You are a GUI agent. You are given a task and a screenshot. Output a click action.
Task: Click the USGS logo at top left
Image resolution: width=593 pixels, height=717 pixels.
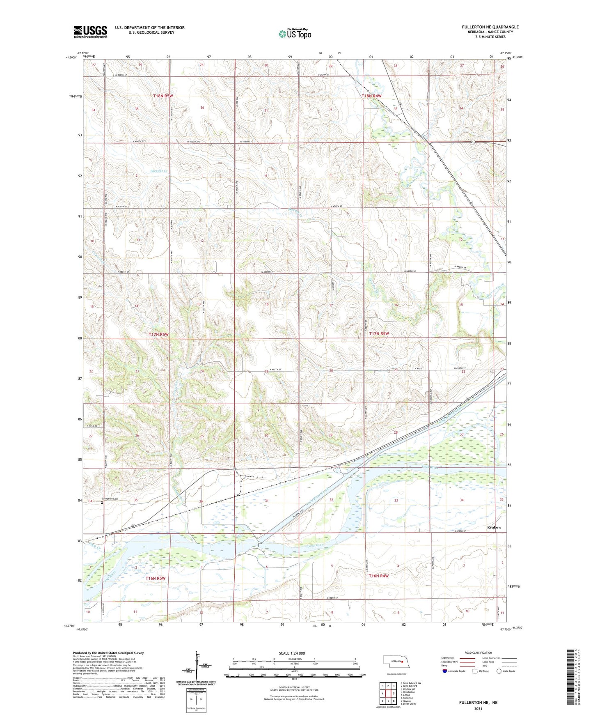(x=90, y=31)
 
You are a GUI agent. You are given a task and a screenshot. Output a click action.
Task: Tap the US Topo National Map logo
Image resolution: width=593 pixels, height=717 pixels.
(x=295, y=34)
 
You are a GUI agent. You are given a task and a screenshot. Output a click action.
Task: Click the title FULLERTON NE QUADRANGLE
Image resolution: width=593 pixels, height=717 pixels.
(x=490, y=27)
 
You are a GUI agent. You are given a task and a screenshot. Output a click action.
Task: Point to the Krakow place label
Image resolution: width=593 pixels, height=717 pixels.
(x=494, y=527)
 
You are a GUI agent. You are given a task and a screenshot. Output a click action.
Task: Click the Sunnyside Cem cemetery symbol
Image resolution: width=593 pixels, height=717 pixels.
(x=102, y=502)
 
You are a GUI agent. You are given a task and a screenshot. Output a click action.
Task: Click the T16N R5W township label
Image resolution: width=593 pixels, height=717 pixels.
(x=156, y=578)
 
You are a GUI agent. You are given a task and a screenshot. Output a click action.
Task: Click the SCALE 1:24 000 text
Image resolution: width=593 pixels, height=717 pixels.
(x=292, y=653)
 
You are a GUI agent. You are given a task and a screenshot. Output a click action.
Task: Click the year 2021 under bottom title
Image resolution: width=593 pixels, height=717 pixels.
(x=478, y=709)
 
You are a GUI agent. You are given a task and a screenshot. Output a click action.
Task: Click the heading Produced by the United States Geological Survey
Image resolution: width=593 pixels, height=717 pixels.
(x=108, y=653)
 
